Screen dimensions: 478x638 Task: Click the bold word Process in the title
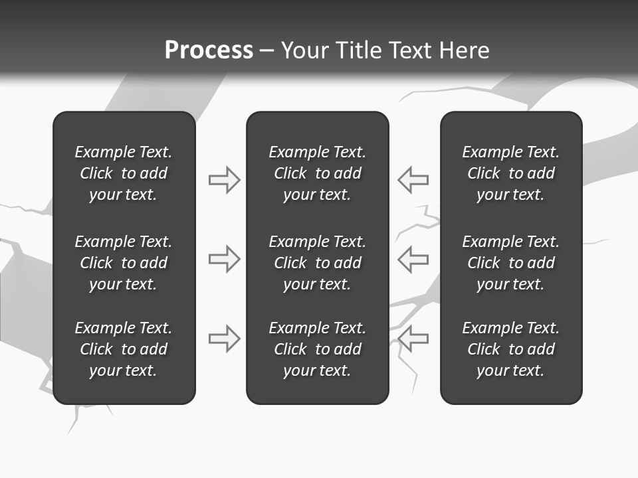pyautogui.click(x=209, y=50)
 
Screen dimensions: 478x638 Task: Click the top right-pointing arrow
pyautogui.click(x=225, y=180)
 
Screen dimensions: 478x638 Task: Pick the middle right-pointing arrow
pyautogui.click(x=225, y=259)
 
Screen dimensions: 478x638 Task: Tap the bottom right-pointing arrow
pyautogui.click(x=225, y=339)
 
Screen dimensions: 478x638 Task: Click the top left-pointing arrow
pyautogui.click(x=413, y=180)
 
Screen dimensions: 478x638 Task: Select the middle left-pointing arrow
pyautogui.click(x=413, y=259)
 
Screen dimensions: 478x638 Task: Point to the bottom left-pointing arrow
pyautogui.click(x=413, y=339)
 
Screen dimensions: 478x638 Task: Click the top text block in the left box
pyautogui.click(x=124, y=173)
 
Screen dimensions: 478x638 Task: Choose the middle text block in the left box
pyautogui.click(x=124, y=263)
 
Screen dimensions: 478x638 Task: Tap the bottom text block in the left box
pyautogui.click(x=124, y=349)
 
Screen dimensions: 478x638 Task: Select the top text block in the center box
pyautogui.click(x=318, y=173)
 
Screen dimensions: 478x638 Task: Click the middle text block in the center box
pyautogui.click(x=318, y=263)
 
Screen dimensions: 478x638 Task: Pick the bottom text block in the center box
pyautogui.click(x=318, y=349)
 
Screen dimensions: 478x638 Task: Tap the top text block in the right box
pyautogui.click(x=511, y=173)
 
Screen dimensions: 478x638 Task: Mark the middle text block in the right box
pyautogui.click(x=511, y=263)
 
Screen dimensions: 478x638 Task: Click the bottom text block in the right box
pyautogui.click(x=511, y=349)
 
